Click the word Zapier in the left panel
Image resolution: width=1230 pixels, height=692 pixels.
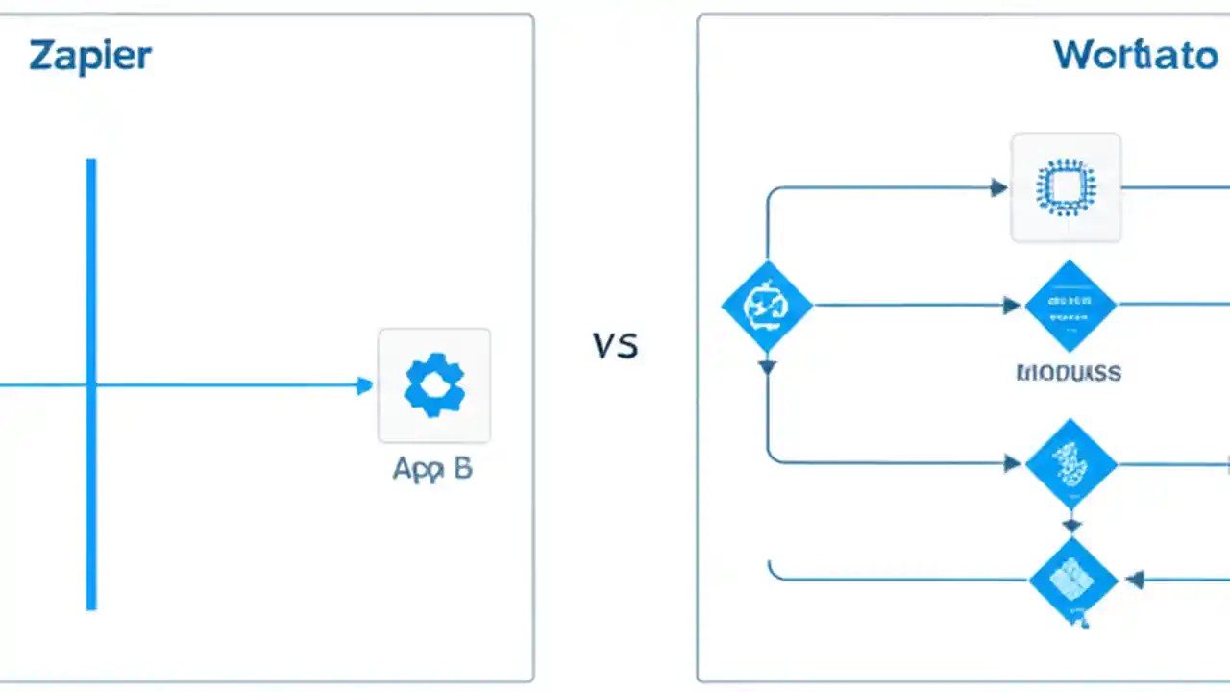point(90,56)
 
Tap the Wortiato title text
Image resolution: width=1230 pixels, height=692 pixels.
point(1135,55)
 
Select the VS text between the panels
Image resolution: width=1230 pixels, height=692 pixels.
point(615,345)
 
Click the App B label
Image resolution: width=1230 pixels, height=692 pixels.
point(432,469)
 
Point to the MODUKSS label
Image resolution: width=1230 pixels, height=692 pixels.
point(1069,373)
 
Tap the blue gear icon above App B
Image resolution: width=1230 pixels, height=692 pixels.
point(434,385)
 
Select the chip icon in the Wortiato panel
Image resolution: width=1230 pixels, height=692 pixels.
point(1066,186)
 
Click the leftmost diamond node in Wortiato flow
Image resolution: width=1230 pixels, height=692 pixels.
point(767,306)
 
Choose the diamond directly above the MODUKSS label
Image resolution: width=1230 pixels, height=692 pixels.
point(1070,306)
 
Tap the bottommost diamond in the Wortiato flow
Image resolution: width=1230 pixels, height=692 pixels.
point(1072,580)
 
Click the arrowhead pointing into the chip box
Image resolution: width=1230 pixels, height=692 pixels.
point(998,187)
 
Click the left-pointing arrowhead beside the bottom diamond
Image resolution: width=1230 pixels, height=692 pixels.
point(1135,580)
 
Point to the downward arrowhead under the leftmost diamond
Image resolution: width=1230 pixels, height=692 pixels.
point(767,366)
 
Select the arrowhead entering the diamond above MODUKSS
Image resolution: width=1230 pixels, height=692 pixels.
point(1012,306)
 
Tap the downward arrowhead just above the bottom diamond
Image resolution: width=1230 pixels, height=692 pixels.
point(1071,526)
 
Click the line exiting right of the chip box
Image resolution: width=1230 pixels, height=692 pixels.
point(1172,187)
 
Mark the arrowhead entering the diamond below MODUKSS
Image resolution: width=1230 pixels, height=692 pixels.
point(1012,464)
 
